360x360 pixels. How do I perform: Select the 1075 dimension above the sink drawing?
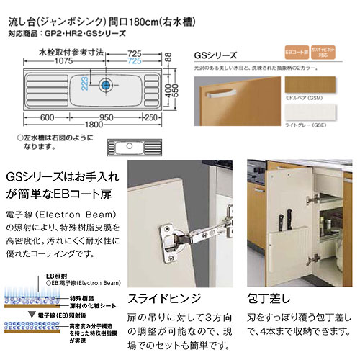pos(60,54)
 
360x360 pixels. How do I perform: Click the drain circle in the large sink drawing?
pos(108,85)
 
